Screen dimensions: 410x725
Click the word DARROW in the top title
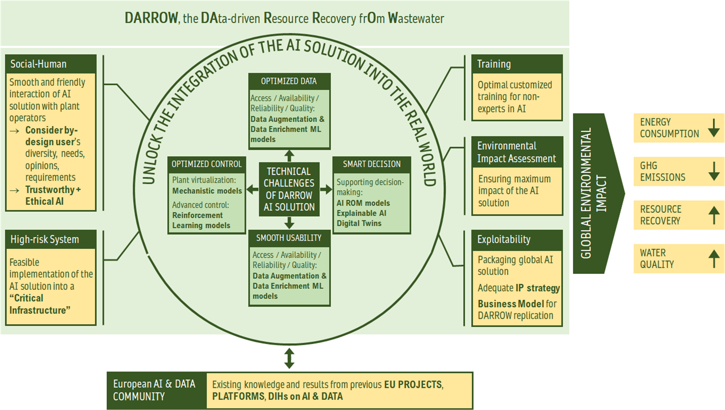[x=151, y=18]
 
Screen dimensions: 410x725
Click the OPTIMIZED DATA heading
[x=289, y=81]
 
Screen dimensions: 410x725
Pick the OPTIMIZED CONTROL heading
[x=206, y=164]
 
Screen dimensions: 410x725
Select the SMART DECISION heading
[x=371, y=164]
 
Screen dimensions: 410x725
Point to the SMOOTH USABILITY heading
[x=289, y=238]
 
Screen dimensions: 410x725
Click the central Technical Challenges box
[x=289, y=189]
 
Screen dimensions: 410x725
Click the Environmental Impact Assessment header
[x=517, y=152]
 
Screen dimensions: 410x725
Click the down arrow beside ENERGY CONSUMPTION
[x=714, y=128]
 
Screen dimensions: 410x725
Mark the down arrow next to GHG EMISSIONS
[x=714, y=171]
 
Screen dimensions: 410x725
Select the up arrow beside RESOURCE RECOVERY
[x=714, y=215]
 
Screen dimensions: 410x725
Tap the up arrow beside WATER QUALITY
[x=714, y=259]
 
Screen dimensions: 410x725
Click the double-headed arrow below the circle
[x=289, y=358]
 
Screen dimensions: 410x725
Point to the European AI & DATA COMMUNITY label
[x=154, y=390]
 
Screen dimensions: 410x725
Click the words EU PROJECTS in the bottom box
[x=413, y=385]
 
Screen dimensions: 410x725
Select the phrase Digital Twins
[x=359, y=224]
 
